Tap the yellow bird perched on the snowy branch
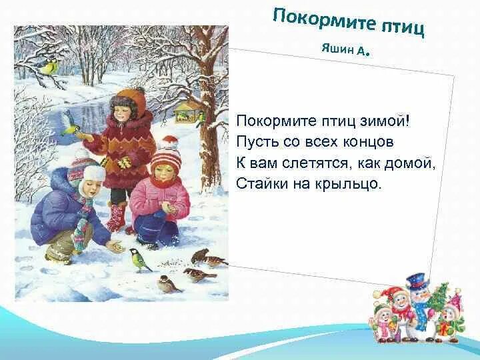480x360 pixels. [47, 65]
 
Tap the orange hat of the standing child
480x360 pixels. [131, 99]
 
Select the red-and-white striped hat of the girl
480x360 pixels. [165, 155]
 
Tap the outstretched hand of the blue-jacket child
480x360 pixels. [117, 247]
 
